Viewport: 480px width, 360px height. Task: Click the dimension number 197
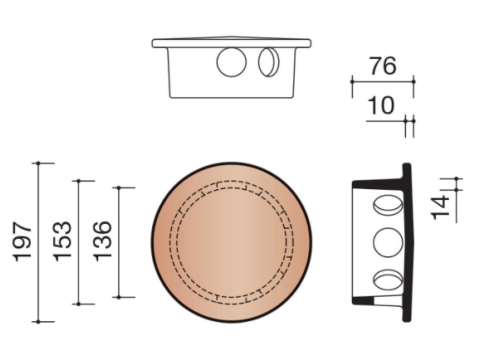pos(22,242)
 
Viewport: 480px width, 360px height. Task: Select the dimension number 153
pos(62,242)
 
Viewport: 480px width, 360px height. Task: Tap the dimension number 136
pos(102,241)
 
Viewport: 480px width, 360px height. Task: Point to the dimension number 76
pos(383,66)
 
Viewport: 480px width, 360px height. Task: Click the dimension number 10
pos(381,106)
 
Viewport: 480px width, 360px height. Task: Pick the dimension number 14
pos(441,208)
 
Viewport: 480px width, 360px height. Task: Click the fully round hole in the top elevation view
pos(231,62)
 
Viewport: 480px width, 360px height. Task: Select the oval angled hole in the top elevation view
pos(269,62)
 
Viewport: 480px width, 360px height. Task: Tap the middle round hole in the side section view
pos(388,242)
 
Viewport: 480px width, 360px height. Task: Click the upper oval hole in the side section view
pos(388,205)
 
